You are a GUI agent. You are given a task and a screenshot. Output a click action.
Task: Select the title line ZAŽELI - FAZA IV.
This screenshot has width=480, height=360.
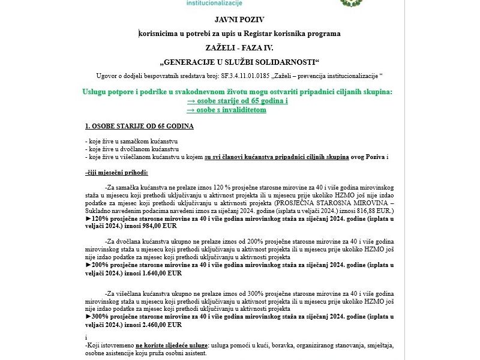click(x=239, y=47)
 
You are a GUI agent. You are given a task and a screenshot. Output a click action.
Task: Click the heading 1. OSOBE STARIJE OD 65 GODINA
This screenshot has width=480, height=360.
click(x=139, y=127)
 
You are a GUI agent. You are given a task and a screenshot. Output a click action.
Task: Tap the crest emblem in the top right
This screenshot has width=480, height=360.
click(x=349, y=2)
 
